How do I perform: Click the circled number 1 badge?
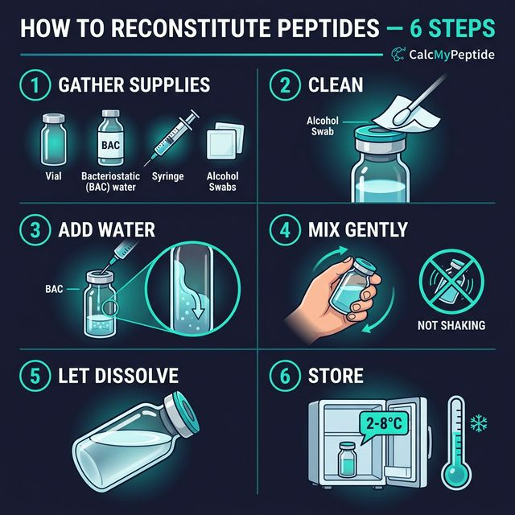34,84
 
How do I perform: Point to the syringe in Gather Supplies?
172,136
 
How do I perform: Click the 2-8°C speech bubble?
384,422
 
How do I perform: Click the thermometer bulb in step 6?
456,475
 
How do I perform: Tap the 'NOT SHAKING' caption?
451,326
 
